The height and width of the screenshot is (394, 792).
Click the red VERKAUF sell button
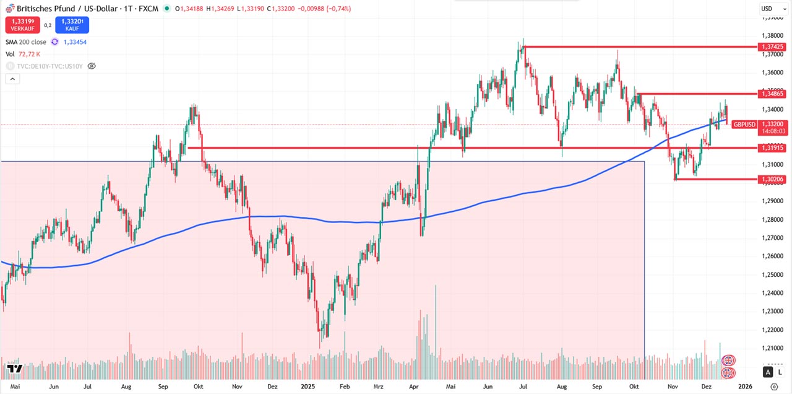[21, 25]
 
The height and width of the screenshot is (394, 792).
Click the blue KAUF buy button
[72, 25]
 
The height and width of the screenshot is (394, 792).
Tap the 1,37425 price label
[772, 46]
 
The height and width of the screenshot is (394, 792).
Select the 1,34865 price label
[772, 94]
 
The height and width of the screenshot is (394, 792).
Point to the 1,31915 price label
[772, 148]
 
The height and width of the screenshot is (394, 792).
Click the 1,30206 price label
[772, 179]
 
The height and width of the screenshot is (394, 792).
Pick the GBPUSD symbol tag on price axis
[744, 125]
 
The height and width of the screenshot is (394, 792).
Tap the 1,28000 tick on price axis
[772, 219]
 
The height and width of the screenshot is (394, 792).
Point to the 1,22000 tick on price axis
[772, 329]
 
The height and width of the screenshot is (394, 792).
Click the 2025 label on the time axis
[309, 386]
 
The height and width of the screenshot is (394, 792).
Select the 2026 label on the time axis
[745, 386]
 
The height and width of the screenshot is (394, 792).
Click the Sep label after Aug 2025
[597, 386]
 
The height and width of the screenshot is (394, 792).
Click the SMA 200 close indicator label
[26, 42]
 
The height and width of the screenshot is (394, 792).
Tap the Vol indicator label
[10, 55]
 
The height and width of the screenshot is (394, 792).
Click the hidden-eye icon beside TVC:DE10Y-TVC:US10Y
[92, 66]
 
